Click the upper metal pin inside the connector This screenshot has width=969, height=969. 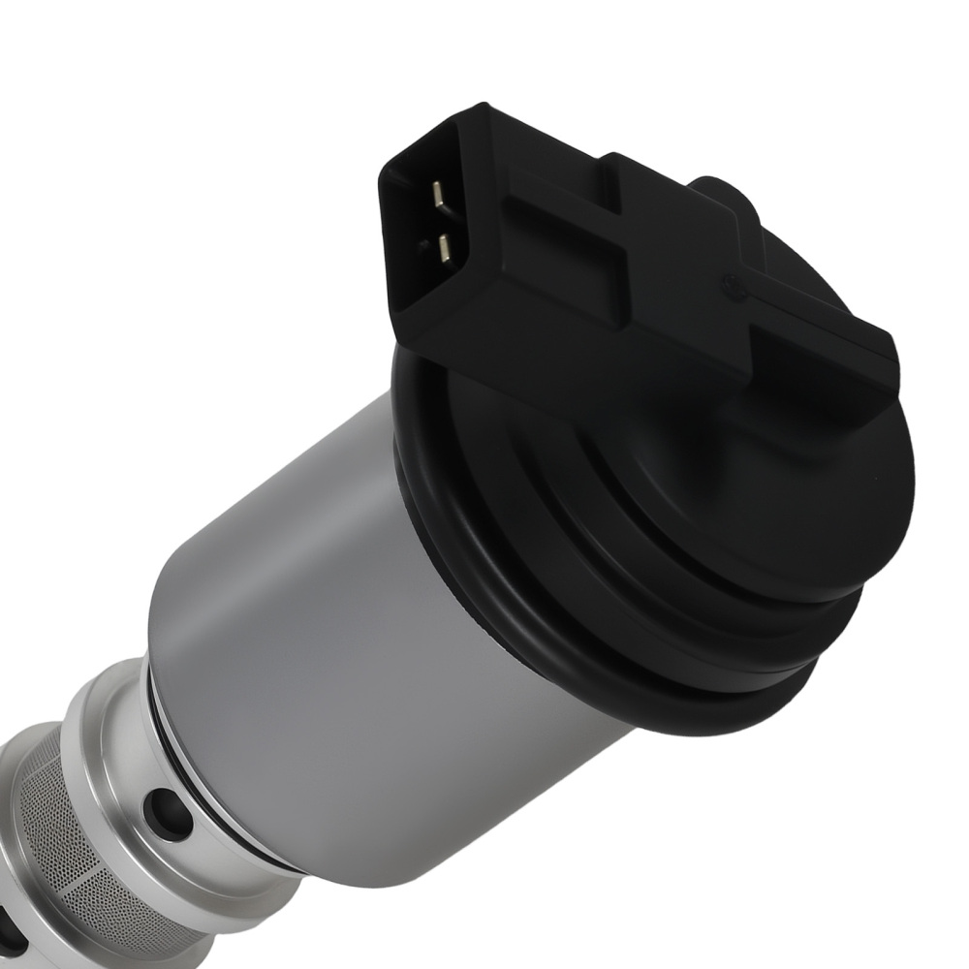(x=439, y=195)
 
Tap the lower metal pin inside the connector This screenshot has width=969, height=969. (x=444, y=249)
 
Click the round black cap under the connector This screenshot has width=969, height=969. (x=678, y=504)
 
